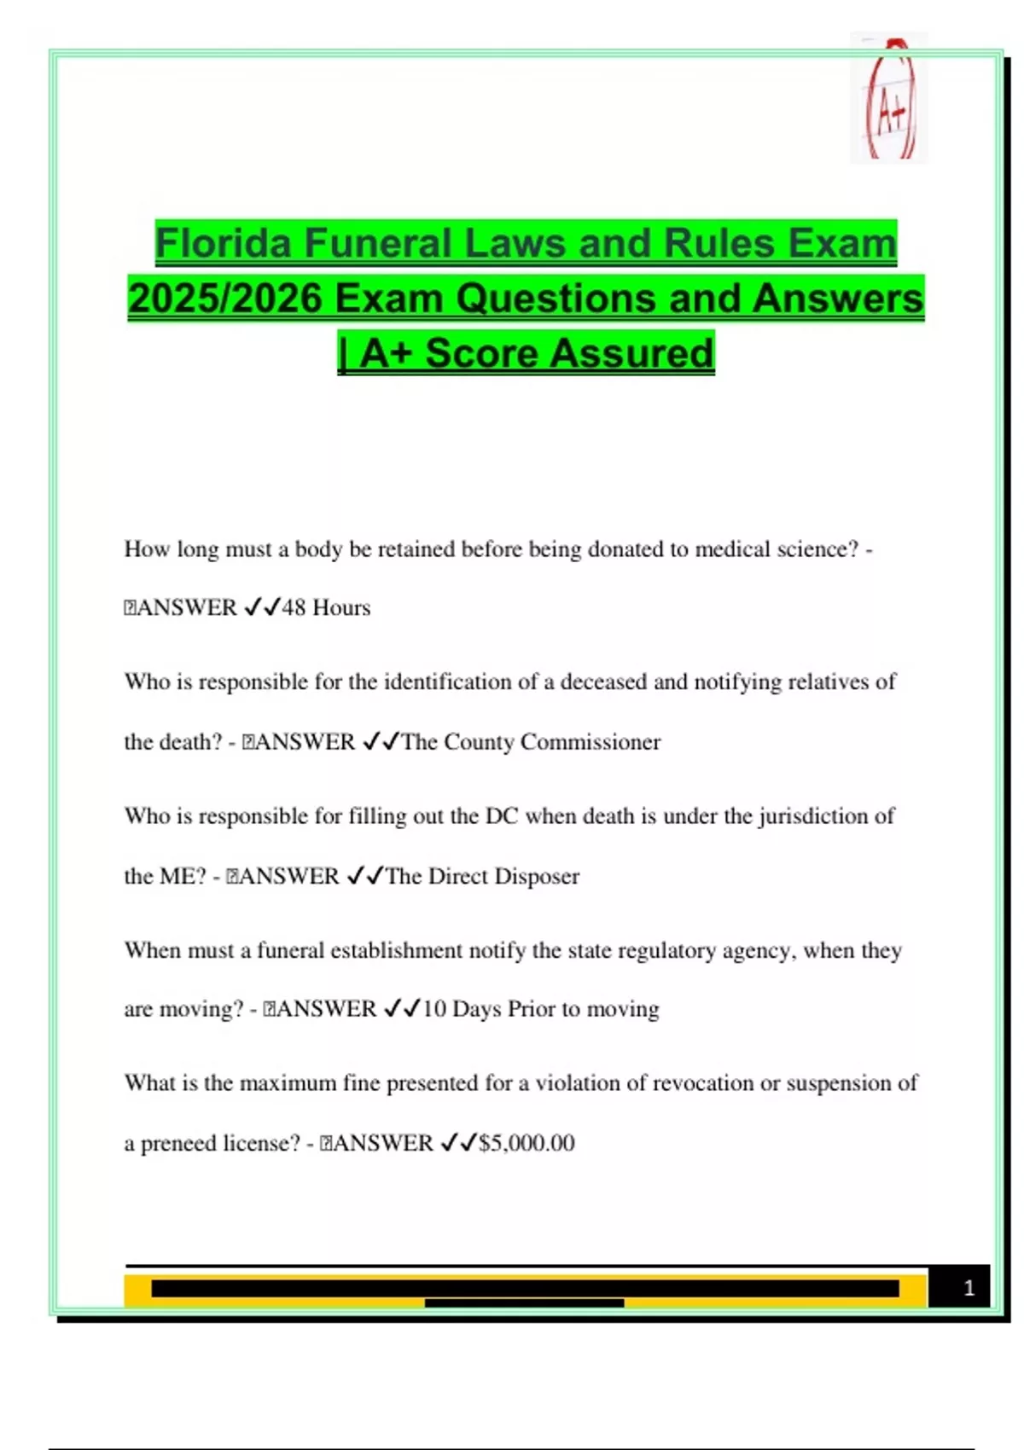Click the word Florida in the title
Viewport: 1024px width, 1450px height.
click(224, 243)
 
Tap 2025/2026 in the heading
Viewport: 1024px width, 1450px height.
click(225, 299)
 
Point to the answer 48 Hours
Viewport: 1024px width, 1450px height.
click(326, 607)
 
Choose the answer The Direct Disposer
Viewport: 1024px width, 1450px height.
click(482, 876)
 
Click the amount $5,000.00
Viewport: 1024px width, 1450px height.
click(527, 1143)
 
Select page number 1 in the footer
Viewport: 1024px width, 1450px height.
click(969, 1288)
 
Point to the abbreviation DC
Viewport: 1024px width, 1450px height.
click(502, 816)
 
